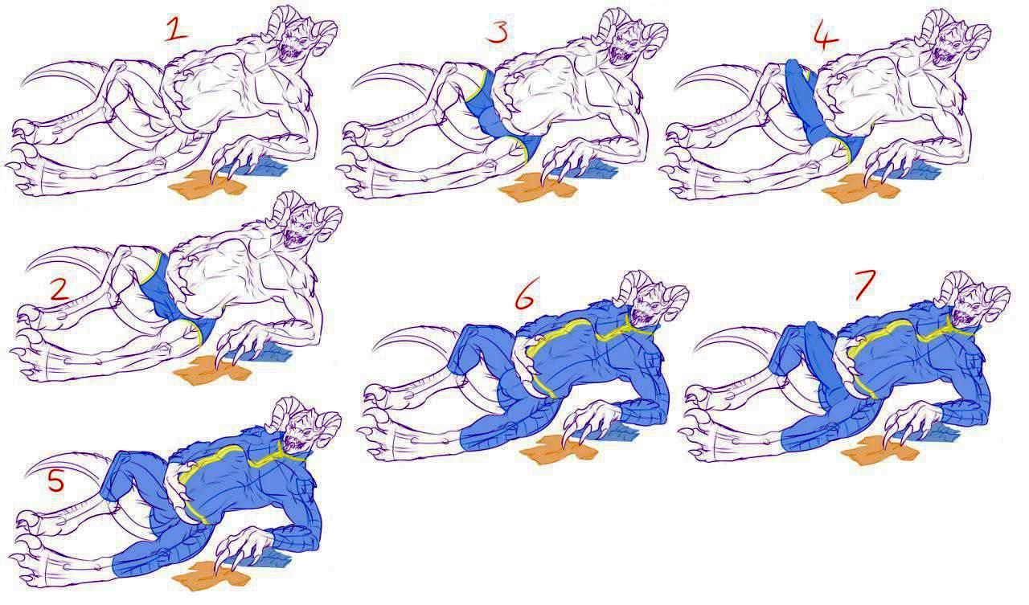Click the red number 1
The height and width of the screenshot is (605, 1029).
click(x=176, y=31)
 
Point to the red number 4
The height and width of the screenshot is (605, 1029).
click(x=826, y=36)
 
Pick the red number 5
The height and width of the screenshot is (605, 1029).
click(x=56, y=480)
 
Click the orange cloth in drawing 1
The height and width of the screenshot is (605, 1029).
click(x=207, y=184)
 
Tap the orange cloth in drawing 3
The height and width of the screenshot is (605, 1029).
click(x=538, y=188)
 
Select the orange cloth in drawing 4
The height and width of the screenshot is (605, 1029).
click(x=860, y=188)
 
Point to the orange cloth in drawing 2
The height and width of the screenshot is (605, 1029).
click(x=212, y=369)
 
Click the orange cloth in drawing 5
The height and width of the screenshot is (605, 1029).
click(x=211, y=574)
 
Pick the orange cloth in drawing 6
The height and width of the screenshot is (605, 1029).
click(x=559, y=449)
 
